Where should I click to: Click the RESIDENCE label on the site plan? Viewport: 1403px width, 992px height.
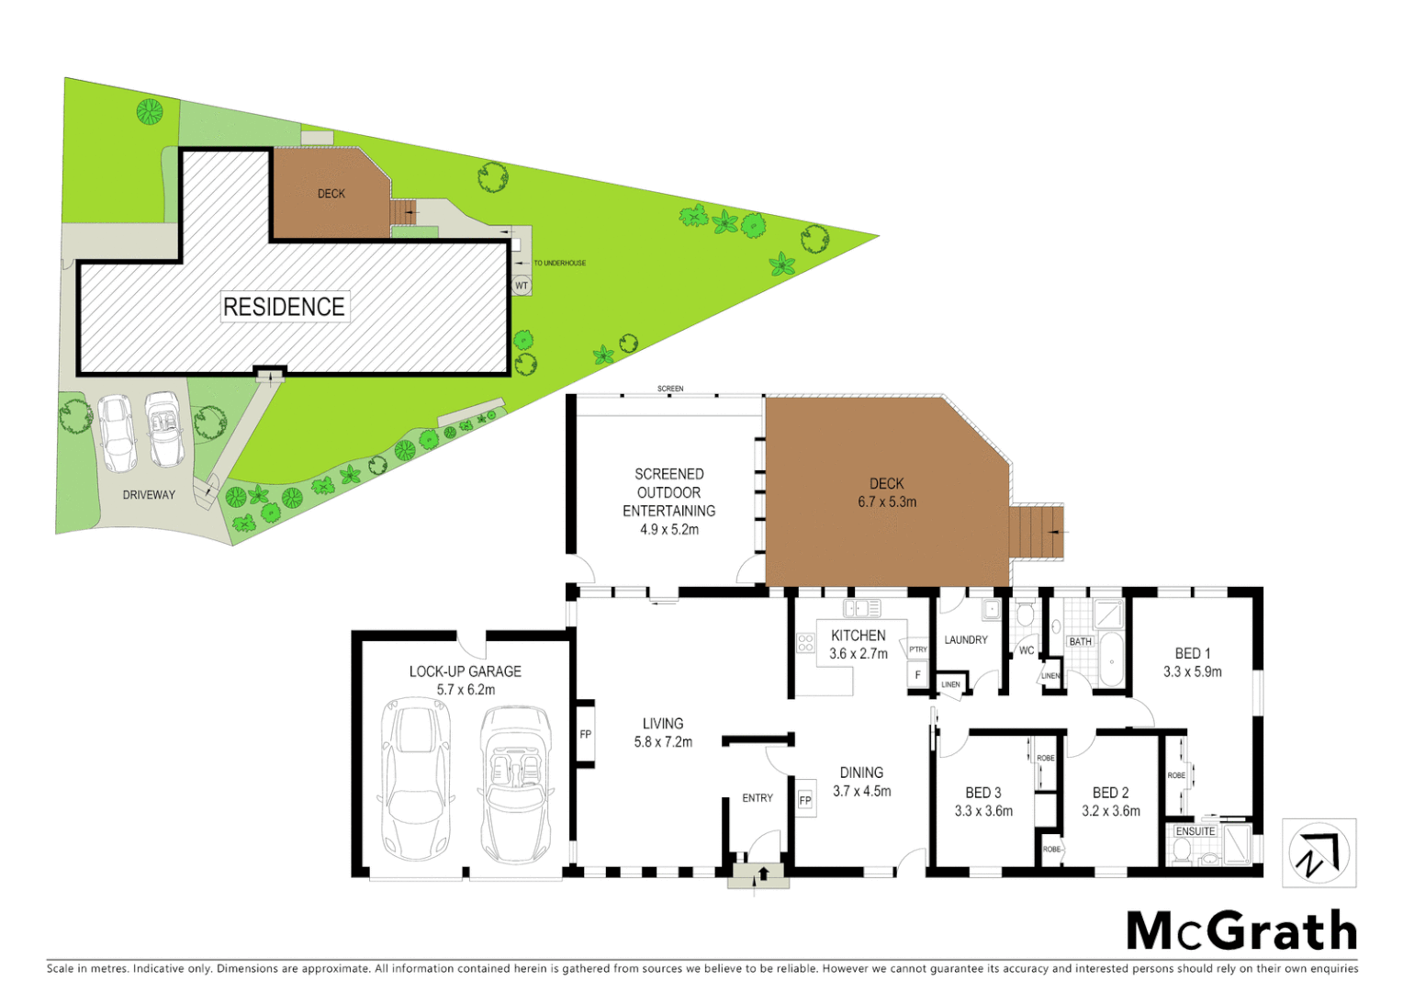[x=284, y=307]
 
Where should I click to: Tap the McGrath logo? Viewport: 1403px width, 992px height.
[x=1241, y=931]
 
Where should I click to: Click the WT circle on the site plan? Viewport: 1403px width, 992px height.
[x=522, y=286]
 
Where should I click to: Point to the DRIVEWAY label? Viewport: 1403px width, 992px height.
[x=149, y=495]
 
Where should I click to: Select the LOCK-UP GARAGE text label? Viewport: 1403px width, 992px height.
[x=465, y=671]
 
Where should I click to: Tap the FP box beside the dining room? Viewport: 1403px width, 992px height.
[x=805, y=800]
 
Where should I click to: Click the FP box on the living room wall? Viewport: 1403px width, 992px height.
[x=586, y=734]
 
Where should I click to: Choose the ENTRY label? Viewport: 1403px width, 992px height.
[x=758, y=798]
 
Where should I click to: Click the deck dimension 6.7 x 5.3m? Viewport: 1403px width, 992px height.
[x=887, y=502]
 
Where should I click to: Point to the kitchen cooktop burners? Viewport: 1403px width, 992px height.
[x=805, y=643]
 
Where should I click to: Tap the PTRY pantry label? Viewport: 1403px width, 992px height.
[x=917, y=649]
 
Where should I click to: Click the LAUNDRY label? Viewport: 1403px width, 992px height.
[x=966, y=640]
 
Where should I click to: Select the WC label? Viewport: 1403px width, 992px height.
[x=1027, y=650]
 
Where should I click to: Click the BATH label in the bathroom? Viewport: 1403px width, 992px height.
[x=1081, y=641]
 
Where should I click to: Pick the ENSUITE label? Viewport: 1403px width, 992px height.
[x=1195, y=831]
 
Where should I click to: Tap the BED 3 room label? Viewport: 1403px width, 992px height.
[x=983, y=793]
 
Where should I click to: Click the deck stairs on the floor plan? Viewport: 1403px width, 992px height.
[x=1037, y=532]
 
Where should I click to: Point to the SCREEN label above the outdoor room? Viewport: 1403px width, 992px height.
[x=670, y=389]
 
